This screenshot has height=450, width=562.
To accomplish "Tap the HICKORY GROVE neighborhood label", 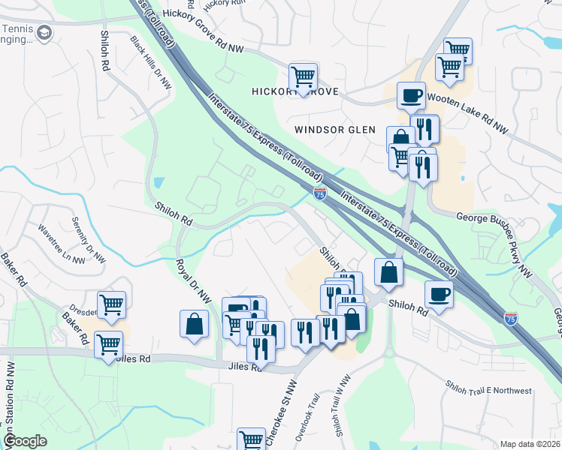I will tap(295, 91).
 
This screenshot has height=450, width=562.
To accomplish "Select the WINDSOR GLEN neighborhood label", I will tap(334, 129).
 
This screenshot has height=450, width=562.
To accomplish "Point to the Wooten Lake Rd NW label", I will tap(467, 113).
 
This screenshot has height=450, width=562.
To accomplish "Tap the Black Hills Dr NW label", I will tap(150, 63).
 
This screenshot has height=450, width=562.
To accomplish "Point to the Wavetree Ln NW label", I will tap(62, 244).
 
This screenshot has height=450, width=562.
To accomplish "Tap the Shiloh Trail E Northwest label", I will tap(488, 391).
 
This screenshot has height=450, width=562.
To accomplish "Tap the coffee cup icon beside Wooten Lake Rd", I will tap(410, 95).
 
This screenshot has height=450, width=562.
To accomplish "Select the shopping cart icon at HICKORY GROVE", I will tap(303, 76).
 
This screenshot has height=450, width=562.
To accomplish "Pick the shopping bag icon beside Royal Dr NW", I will tap(194, 324).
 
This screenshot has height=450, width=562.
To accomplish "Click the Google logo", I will tap(25, 441).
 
